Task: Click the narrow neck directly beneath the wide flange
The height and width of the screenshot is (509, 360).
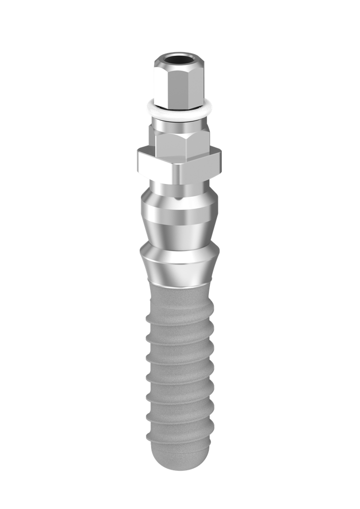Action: tap(179, 189)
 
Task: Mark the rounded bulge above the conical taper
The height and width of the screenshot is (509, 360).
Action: tap(179, 211)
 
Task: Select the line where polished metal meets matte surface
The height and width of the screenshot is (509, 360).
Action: tap(179, 287)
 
